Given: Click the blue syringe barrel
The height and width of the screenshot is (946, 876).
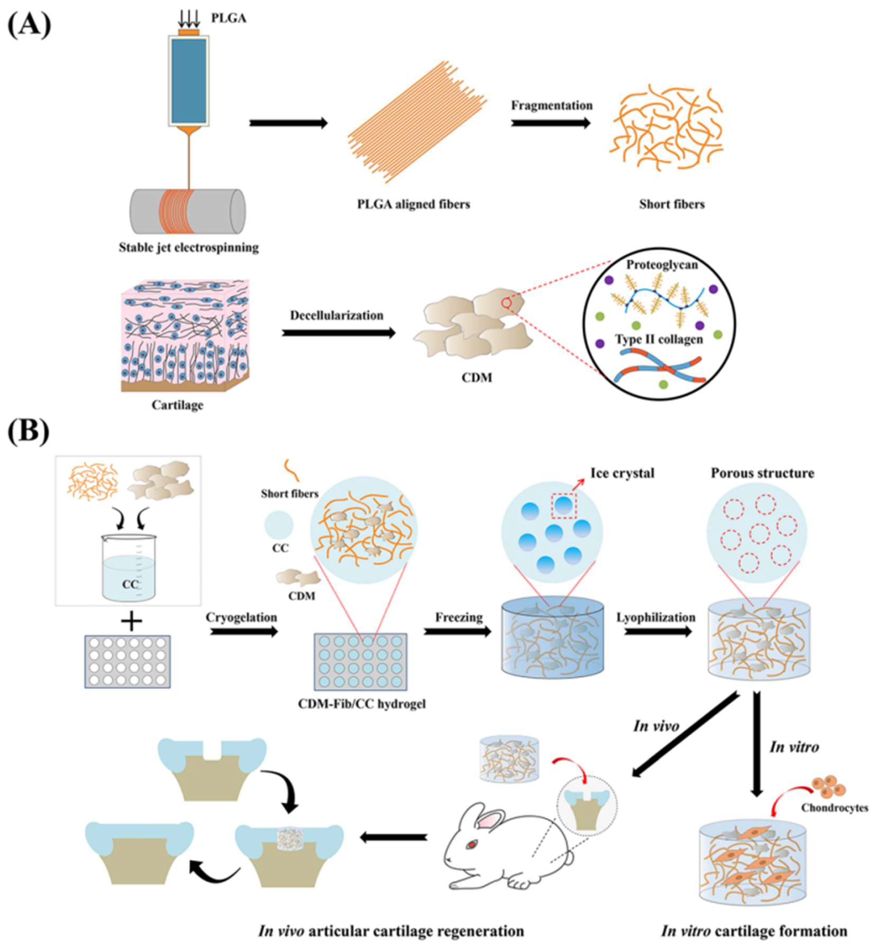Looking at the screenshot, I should (189, 81).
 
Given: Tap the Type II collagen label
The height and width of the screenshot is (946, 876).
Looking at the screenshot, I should (659, 339).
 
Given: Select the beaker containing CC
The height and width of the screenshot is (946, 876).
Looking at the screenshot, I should (129, 568).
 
